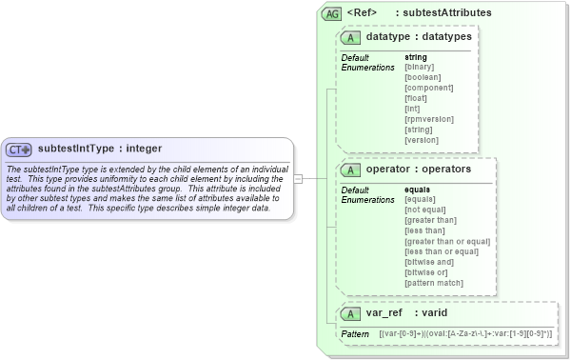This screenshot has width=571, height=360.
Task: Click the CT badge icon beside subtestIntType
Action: [19, 150]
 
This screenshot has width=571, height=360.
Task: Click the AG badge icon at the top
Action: [332, 13]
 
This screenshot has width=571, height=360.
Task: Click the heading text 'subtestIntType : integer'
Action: [100, 149]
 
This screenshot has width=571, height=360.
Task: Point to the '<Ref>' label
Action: [363, 13]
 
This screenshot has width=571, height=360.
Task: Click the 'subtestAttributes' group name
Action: [447, 13]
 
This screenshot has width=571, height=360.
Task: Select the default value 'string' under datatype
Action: [416, 58]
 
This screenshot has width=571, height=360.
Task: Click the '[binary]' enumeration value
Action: [420, 68]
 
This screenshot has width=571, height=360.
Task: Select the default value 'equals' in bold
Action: [419, 190]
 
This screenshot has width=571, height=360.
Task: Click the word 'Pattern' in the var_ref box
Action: [355, 334]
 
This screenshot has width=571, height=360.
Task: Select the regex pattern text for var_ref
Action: [465, 334]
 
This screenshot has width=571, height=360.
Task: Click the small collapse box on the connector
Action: [298, 178]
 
